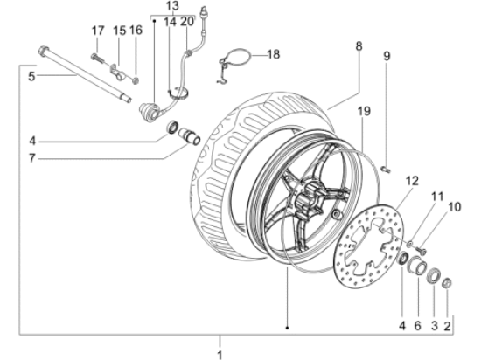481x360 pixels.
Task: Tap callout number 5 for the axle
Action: tap(31, 76)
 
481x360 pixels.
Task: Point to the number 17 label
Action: tap(98, 31)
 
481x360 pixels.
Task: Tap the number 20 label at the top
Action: tap(185, 21)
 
